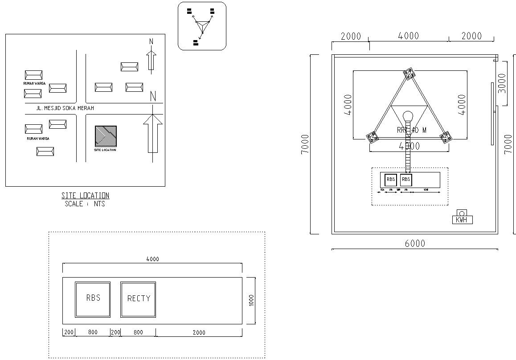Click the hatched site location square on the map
point(106,136)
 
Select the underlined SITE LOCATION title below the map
point(85,196)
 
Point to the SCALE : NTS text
point(85,204)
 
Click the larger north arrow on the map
point(153,134)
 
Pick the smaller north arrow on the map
point(151,60)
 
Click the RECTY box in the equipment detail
point(139,299)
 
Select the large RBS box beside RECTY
point(93,299)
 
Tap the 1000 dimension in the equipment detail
point(251,300)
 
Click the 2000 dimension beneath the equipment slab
point(199,332)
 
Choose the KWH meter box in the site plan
point(462,220)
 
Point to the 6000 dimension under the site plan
point(415,244)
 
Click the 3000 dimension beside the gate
point(502,83)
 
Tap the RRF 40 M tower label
point(412,130)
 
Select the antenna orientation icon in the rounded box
point(202,26)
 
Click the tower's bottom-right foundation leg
point(445,138)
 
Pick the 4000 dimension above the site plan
point(408,36)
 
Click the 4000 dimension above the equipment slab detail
point(152,259)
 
